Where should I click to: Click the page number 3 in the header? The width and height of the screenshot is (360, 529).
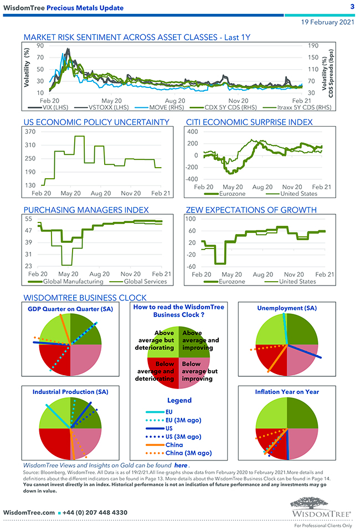click(352, 7)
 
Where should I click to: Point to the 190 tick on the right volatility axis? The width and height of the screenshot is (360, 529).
click(312, 46)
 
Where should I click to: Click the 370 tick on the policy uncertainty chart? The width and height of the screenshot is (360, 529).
click(30, 132)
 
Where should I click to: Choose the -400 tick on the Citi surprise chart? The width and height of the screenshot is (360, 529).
click(191, 179)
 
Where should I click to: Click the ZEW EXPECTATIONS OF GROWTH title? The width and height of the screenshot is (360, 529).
click(259, 210)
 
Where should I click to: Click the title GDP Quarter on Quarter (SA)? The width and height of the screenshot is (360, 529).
click(70, 309)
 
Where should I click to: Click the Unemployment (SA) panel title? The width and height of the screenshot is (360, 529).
click(287, 308)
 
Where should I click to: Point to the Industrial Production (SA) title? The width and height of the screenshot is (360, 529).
click(70, 391)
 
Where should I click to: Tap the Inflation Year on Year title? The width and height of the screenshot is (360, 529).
click(287, 391)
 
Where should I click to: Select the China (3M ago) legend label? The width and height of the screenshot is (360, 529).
click(188, 453)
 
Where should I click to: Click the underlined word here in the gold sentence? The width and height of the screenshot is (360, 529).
click(181, 466)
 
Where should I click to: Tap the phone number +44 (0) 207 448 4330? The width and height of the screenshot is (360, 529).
click(94, 512)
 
